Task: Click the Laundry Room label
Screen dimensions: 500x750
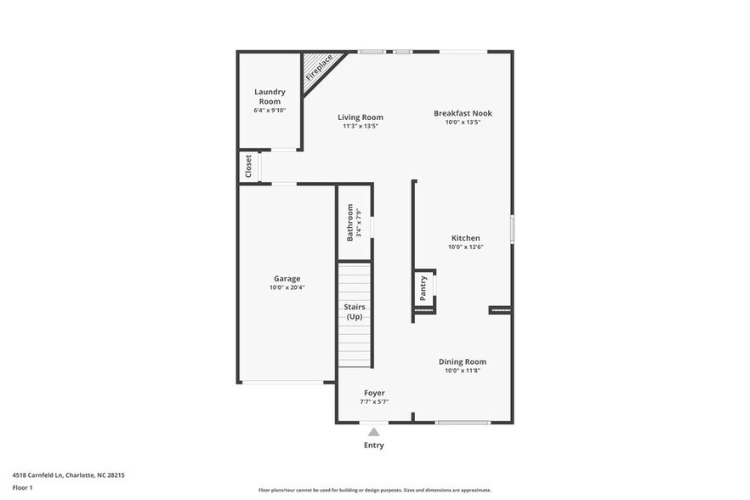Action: [x=270, y=96]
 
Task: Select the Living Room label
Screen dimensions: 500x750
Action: [x=360, y=117]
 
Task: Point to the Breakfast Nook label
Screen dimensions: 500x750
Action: [x=463, y=113]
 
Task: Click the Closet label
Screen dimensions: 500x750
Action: [x=248, y=166]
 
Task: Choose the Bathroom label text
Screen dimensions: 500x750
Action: [x=349, y=222]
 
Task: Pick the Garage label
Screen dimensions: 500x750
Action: [x=287, y=278]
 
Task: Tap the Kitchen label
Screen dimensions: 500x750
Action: [x=465, y=238]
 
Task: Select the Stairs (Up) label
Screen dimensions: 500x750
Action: [x=354, y=311]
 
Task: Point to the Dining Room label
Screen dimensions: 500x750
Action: [x=463, y=361]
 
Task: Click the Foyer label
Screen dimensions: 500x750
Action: [x=374, y=393]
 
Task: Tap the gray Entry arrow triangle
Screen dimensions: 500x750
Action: [x=373, y=432]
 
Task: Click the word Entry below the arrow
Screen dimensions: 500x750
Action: [x=373, y=446]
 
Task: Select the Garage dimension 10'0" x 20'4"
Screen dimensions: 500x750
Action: [x=287, y=287]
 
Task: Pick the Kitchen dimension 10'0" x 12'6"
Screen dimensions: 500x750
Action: [x=465, y=247]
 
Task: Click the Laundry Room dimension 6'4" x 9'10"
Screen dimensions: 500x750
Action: [x=270, y=111]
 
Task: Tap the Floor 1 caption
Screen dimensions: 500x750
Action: [x=22, y=487]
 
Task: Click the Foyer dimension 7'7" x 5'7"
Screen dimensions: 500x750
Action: [x=374, y=402]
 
